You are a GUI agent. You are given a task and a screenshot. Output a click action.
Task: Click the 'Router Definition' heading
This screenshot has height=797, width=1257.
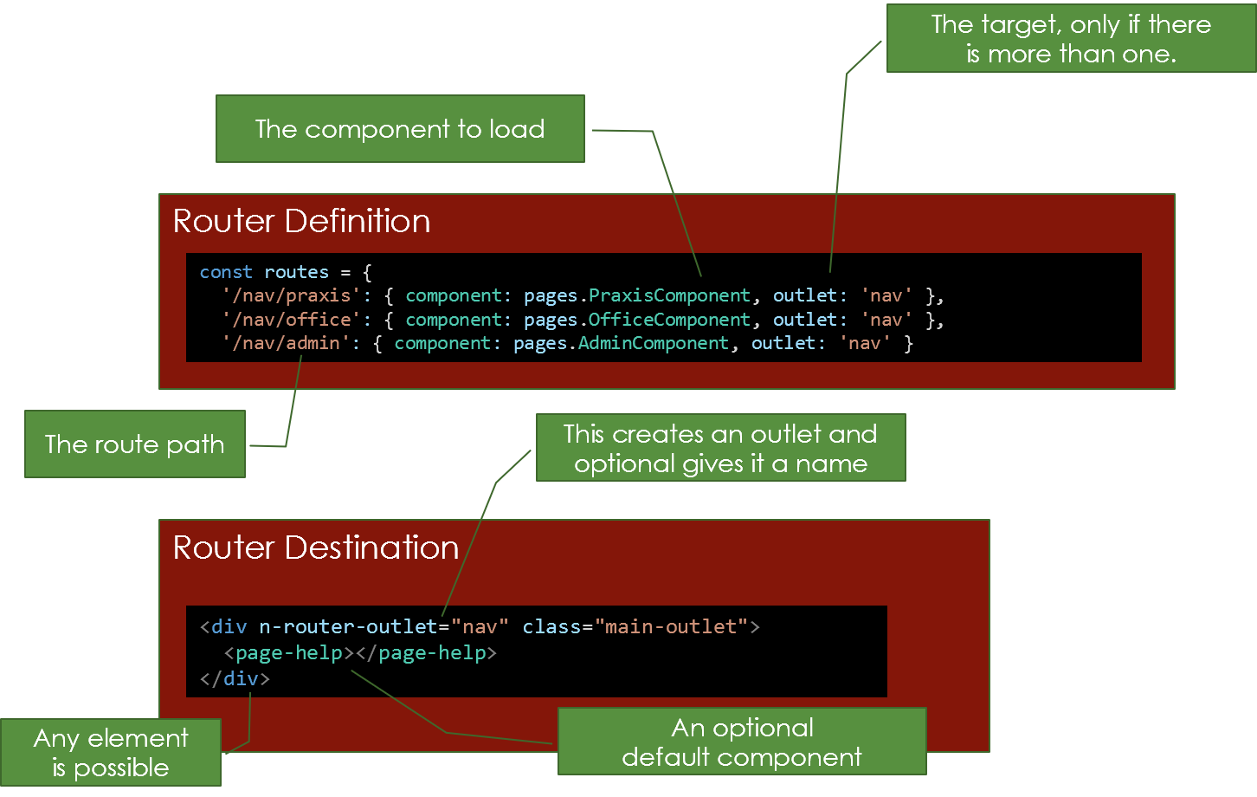pos(301,221)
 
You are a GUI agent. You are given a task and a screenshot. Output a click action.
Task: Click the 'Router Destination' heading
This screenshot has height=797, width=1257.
pos(315,548)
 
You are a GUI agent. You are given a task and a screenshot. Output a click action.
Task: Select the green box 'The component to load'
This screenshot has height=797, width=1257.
pos(400,129)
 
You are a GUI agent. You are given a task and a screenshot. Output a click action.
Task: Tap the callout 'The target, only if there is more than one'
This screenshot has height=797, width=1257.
pos(1071,40)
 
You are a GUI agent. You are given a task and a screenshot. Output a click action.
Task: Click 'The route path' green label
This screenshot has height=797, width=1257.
pos(134,444)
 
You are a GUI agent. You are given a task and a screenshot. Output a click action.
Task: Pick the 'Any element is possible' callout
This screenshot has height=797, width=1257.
pos(110,752)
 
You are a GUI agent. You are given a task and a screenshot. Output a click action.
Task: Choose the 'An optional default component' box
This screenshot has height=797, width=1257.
pos(741,742)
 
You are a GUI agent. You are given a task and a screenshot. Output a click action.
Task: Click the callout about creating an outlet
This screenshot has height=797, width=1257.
pos(720,448)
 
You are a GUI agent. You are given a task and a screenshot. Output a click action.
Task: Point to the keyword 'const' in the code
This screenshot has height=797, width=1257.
pos(226,272)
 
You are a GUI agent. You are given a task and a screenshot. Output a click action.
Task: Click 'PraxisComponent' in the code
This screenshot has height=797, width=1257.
pos(669,295)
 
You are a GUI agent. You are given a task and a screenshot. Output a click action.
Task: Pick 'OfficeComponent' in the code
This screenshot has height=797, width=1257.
pos(669,320)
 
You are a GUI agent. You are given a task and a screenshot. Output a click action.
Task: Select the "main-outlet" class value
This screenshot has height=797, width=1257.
pos(671,626)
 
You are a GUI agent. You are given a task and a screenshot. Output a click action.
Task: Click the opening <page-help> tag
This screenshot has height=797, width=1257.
pos(289,652)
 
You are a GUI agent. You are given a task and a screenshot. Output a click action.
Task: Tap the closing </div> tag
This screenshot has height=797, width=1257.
pos(235,678)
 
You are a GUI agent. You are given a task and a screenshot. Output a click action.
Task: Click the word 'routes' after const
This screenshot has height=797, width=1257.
pos(296,272)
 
